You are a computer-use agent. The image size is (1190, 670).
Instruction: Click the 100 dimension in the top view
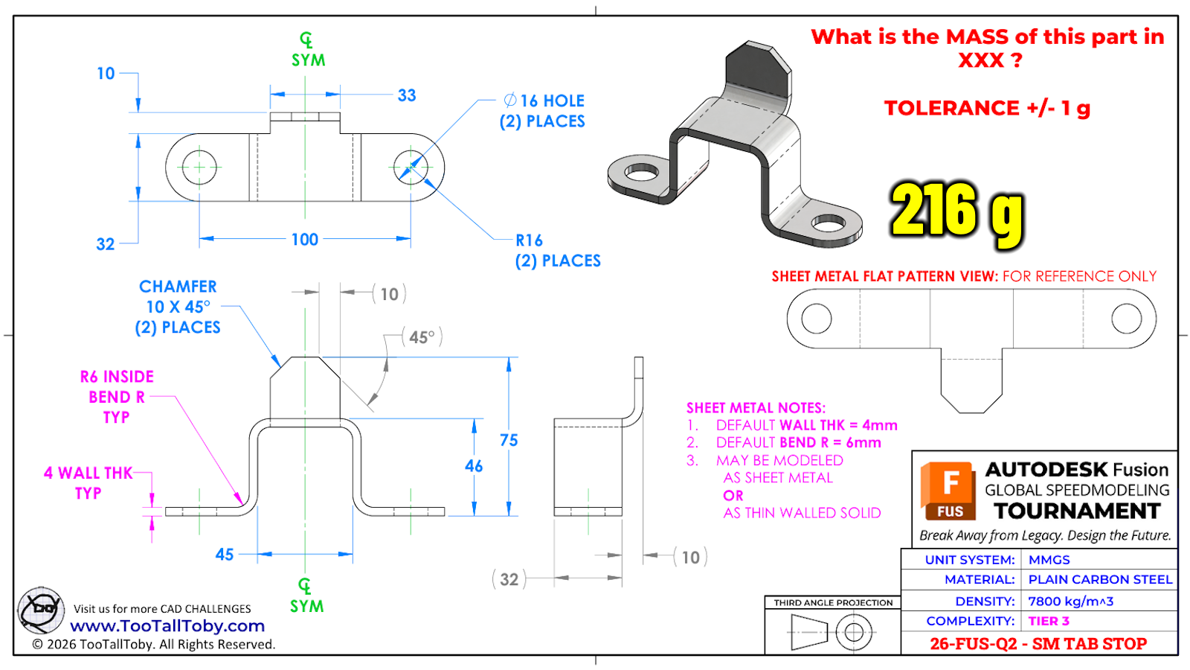pos(305,240)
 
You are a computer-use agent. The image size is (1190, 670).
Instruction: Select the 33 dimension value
pos(407,95)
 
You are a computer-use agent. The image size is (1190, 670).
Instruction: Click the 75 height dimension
pos(509,440)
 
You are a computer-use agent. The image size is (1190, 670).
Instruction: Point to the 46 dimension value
pos(474,466)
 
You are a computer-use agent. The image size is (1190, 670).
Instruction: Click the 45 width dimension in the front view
pos(225,555)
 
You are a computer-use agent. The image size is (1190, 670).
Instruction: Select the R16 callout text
pos(530,240)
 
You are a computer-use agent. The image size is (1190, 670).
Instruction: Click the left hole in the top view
pos(199,167)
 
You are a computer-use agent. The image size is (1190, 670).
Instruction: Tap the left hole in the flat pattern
pos(816,319)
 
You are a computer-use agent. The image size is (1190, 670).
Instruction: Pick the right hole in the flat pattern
pos(1126,319)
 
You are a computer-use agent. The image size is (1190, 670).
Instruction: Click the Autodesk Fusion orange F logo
pos(948,490)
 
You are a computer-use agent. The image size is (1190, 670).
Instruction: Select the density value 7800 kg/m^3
pos(1070,601)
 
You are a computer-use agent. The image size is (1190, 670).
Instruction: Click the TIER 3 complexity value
pos(1049,621)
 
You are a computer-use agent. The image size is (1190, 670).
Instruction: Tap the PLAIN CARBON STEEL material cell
pos(1100,579)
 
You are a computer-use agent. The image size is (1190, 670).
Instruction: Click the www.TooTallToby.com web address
pos(167,626)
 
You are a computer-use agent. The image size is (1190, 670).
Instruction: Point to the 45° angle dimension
pos(422,337)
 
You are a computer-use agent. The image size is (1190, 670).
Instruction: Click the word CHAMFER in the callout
pos(178,287)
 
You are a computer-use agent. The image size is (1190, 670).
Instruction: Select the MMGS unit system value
pos(1049,560)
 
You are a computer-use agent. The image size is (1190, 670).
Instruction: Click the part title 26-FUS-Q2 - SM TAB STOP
pos(1038,644)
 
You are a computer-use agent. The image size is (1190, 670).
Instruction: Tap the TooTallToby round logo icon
pos(41,609)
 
